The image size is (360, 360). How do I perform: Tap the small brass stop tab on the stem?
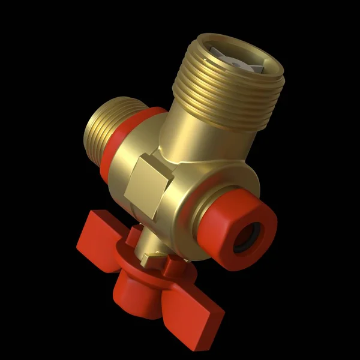150,259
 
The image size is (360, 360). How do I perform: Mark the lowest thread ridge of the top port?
216,119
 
